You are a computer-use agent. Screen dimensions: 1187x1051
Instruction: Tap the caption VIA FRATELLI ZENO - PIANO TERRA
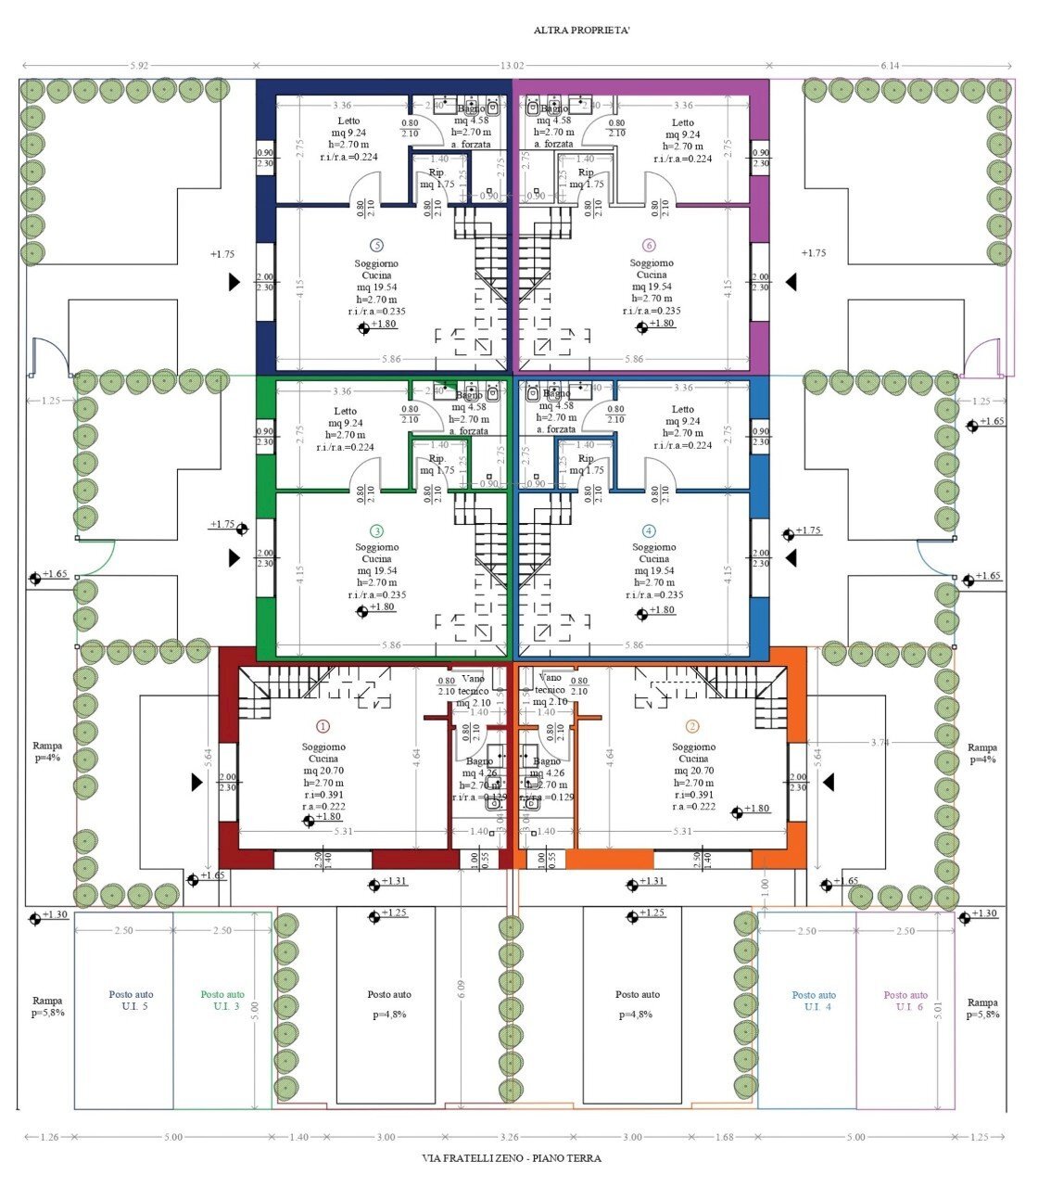pyautogui.click(x=512, y=1158)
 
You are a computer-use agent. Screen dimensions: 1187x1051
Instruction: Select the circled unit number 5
pyautogui.click(x=376, y=246)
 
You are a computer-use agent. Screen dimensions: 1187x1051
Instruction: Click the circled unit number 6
pyautogui.click(x=649, y=246)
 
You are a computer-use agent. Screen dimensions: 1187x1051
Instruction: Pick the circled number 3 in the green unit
pyautogui.click(x=376, y=531)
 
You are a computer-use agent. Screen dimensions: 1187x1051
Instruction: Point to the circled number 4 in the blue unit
pyautogui.click(x=649, y=531)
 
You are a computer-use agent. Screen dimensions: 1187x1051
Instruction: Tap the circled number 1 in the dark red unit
pyautogui.click(x=323, y=727)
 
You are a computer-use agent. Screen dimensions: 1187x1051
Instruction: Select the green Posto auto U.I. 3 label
pyautogui.click(x=222, y=1000)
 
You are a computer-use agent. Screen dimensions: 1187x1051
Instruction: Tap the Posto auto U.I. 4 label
pyautogui.click(x=814, y=1000)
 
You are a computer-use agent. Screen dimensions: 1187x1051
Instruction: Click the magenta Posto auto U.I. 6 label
pyautogui.click(x=905, y=1000)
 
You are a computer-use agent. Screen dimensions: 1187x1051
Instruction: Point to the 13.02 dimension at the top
pyautogui.click(x=513, y=66)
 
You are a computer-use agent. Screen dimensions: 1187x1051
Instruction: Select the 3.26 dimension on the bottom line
pyautogui.click(x=509, y=1137)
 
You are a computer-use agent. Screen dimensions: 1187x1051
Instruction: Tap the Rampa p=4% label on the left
pyautogui.click(x=47, y=752)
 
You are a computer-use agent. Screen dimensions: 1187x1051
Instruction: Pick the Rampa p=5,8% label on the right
pyautogui.click(x=982, y=1008)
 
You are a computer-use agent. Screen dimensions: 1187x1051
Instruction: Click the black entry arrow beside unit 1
pyautogui.click(x=196, y=783)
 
